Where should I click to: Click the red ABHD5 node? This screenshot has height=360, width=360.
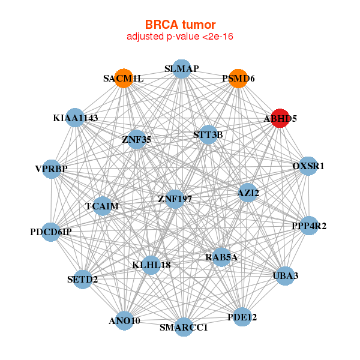point(279,118)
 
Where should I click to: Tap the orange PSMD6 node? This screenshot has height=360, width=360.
point(238,79)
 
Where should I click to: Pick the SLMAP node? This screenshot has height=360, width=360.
point(181,69)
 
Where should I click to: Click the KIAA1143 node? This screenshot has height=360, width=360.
point(75,118)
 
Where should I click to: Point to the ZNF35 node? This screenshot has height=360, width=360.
point(137,139)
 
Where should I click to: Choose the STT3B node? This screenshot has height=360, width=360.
point(208,135)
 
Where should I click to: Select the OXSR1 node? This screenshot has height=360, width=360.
point(308,166)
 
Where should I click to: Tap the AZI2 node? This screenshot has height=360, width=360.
point(248,193)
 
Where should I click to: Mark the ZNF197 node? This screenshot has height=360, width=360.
point(175,198)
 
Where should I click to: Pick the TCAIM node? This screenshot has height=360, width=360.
point(103,206)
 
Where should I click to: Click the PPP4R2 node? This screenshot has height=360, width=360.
point(308,226)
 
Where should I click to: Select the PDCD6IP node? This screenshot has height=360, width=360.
point(51,232)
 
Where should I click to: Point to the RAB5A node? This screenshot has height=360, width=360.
point(221,257)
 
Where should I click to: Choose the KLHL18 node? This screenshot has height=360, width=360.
point(151,265)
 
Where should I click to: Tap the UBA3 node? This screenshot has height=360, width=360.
point(285,275)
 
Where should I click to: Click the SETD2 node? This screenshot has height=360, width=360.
point(83,279)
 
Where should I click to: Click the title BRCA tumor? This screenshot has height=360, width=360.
point(180,25)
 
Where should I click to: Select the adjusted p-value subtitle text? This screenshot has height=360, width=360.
point(180,37)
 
